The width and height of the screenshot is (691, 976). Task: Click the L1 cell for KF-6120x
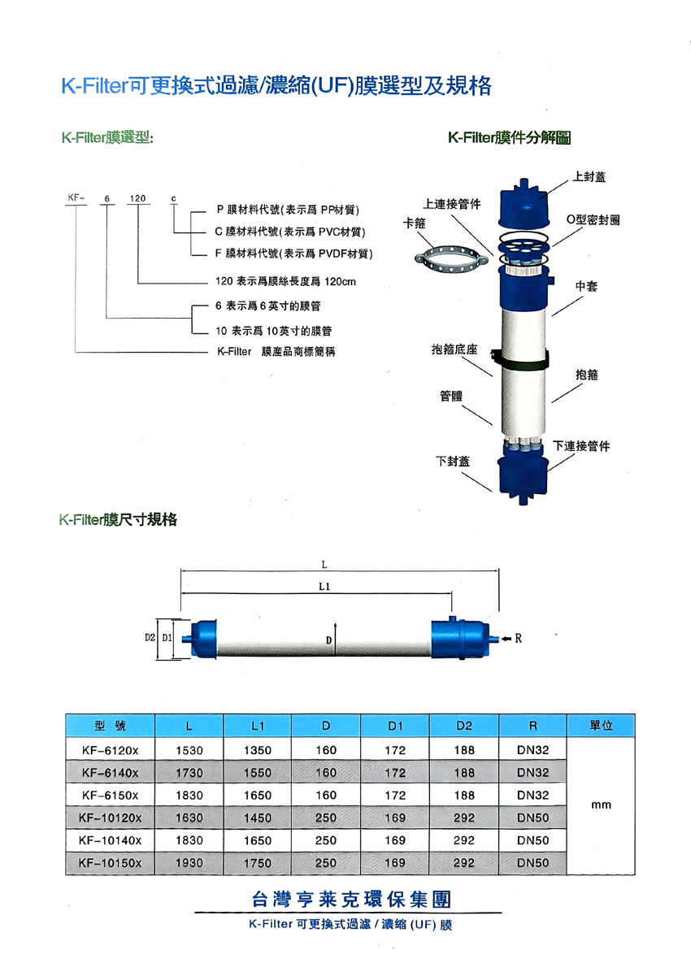[x=258, y=750]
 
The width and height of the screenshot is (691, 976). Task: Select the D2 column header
[x=464, y=726]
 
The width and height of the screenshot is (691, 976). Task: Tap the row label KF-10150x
[x=111, y=862]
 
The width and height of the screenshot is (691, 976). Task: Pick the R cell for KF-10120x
[x=533, y=817]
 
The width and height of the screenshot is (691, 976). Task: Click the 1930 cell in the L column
[x=189, y=862]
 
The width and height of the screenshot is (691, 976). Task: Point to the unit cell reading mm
[x=602, y=805]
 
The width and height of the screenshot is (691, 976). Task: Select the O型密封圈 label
[x=593, y=220]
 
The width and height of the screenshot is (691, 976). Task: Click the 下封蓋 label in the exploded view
[x=453, y=461]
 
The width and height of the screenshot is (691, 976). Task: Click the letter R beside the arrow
[x=518, y=639]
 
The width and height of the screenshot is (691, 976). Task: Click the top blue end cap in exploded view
[x=523, y=203]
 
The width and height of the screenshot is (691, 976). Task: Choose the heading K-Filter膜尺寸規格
[x=118, y=519]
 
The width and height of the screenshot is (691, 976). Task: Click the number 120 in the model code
[x=138, y=198]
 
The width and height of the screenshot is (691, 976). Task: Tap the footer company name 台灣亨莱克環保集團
[x=350, y=900]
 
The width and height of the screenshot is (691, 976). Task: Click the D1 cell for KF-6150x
[x=395, y=794]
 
